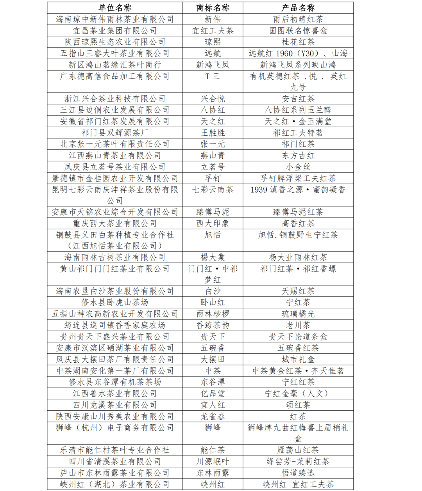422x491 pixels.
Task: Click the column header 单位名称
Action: click(x=115, y=8)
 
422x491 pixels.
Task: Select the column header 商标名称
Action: click(x=213, y=8)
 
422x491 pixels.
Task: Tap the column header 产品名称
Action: click(x=298, y=8)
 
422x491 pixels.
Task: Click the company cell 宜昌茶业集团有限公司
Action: click(x=115, y=31)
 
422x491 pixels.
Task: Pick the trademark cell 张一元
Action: click(x=213, y=144)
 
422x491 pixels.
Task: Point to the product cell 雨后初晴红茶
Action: click(x=298, y=19)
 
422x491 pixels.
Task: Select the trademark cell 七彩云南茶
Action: click(x=213, y=190)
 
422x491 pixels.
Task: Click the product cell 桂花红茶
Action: click(x=298, y=42)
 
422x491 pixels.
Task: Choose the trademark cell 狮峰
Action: click(x=213, y=428)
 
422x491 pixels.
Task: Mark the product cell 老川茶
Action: click(x=298, y=325)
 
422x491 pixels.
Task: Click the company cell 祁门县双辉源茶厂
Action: click(x=115, y=133)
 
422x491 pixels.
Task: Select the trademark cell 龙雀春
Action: click(x=213, y=417)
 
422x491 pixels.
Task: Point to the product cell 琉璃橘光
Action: click(x=298, y=314)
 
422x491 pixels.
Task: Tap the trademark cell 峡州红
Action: click(x=213, y=484)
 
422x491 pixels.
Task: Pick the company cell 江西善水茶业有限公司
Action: click(x=115, y=394)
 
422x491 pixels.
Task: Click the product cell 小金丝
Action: click(x=298, y=167)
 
